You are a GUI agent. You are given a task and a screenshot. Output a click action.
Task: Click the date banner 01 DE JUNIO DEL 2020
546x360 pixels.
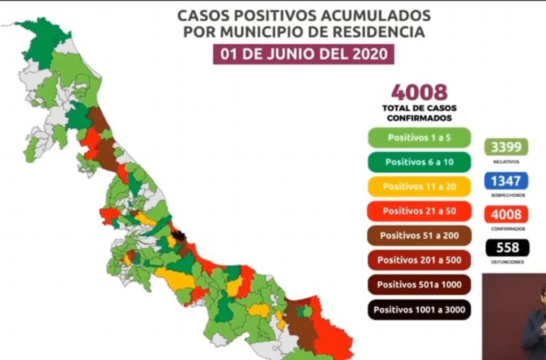pyautogui.click(x=303, y=54)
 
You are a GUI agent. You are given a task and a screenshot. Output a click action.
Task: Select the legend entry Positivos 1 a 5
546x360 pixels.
pyautogui.click(x=419, y=137)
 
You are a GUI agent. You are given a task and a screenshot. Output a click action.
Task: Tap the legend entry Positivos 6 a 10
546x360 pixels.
pyautogui.click(x=419, y=162)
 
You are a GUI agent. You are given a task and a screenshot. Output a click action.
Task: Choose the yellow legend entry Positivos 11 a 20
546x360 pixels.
pyautogui.click(x=419, y=186)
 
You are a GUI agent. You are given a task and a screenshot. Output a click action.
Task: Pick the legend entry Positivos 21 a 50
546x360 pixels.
pyautogui.click(x=419, y=211)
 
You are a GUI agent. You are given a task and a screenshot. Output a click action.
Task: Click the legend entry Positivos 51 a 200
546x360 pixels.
pyautogui.click(x=419, y=235)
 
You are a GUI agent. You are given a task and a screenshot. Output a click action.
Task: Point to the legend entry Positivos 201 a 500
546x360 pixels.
pyautogui.click(x=419, y=260)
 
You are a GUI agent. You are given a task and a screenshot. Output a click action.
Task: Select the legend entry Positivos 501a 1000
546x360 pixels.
pyautogui.click(x=419, y=284)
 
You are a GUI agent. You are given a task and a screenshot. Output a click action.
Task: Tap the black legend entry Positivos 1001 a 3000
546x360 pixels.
pyautogui.click(x=419, y=309)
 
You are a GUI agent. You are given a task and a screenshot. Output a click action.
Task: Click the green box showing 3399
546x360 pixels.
pyautogui.click(x=506, y=147)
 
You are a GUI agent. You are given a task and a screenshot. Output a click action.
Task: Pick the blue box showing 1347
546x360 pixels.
pyautogui.click(x=506, y=180)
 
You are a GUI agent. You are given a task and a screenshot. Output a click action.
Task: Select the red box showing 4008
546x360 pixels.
pyautogui.click(x=506, y=214)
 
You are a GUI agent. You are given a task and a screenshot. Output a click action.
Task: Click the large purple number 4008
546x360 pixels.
pyautogui.click(x=419, y=92)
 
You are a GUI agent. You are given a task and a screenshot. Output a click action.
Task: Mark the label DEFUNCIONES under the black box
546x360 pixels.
pyautogui.click(x=507, y=262)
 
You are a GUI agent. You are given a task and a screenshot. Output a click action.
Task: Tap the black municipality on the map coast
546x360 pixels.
pyautogui.click(x=179, y=236)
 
